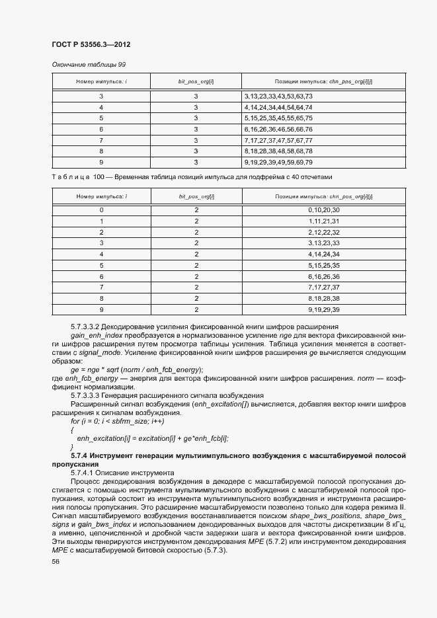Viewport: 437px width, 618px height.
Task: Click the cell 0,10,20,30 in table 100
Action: click(323, 210)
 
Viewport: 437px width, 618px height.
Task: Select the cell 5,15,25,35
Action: click(323, 265)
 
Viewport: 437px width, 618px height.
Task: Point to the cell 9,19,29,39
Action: click(323, 309)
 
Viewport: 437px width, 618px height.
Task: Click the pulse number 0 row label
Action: click(101, 210)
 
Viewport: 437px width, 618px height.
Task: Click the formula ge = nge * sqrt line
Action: click(137, 369)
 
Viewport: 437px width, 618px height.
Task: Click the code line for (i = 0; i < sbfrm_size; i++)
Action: click(117, 421)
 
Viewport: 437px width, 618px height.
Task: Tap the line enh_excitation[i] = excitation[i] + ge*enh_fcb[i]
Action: click(152, 438)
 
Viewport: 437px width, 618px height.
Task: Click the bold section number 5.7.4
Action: click(79, 456)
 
